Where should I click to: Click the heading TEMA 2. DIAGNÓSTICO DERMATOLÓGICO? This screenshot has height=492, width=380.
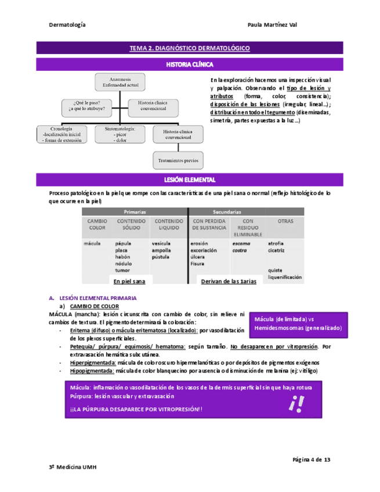point(189,49)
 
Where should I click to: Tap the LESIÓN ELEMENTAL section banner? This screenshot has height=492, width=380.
point(189,180)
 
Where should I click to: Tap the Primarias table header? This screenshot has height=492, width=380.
point(134,212)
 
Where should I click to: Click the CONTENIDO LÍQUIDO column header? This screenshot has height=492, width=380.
point(168,224)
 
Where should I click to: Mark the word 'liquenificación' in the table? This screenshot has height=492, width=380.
point(285,277)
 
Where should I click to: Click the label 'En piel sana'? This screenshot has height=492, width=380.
point(129,281)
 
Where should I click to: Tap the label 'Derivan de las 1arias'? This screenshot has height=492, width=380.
point(227,281)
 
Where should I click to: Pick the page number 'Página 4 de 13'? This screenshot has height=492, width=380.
point(311,460)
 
